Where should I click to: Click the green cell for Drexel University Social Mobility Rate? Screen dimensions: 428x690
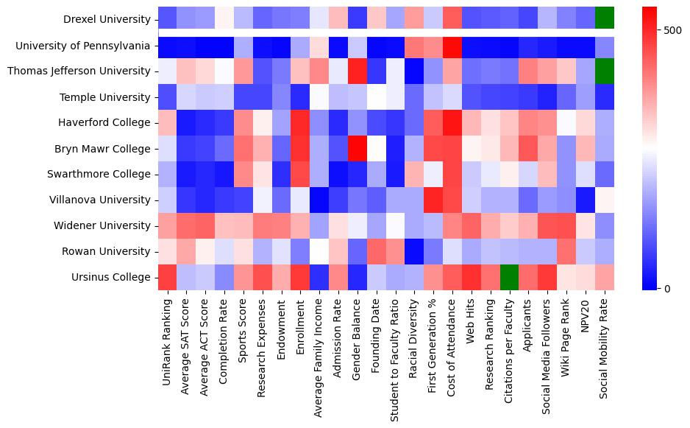point(604,19)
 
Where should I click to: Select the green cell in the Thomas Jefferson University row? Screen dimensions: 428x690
point(604,71)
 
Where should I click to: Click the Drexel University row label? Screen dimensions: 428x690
point(107,19)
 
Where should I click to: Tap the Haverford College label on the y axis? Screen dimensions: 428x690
point(104,122)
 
